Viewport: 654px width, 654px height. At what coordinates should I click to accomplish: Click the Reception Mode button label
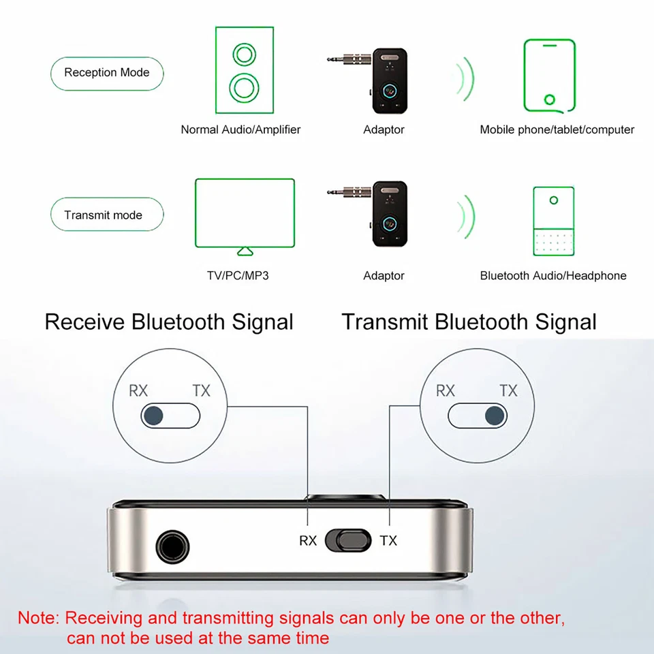pyautogui.click(x=107, y=73)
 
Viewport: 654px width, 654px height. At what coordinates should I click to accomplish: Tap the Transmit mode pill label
pyautogui.click(x=104, y=215)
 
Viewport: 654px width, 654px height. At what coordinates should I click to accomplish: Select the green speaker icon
pyautogui.click(x=245, y=69)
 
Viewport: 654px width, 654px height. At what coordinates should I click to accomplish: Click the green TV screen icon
pyautogui.click(x=245, y=213)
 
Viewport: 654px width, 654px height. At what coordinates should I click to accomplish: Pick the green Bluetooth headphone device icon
pyautogui.click(x=553, y=221)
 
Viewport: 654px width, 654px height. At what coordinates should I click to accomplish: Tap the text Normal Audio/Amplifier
pyautogui.click(x=240, y=129)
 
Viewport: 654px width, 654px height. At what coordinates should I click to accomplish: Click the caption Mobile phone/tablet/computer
pyautogui.click(x=557, y=129)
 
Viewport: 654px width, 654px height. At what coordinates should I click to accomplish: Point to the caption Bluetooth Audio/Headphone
pyautogui.click(x=553, y=276)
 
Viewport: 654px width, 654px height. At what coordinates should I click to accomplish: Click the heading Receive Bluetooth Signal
pyautogui.click(x=169, y=322)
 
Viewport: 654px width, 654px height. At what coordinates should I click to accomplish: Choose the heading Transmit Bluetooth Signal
pyautogui.click(x=469, y=322)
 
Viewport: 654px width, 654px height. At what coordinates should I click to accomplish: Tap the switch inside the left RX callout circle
pyautogui.click(x=171, y=414)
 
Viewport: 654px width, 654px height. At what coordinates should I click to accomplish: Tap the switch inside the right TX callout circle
pyautogui.click(x=478, y=414)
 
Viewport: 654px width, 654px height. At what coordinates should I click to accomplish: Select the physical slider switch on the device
pyautogui.click(x=348, y=540)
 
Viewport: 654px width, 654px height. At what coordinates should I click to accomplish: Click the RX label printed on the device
pyautogui.click(x=308, y=541)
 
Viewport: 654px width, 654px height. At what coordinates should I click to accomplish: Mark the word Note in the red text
pyautogui.click(x=38, y=619)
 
